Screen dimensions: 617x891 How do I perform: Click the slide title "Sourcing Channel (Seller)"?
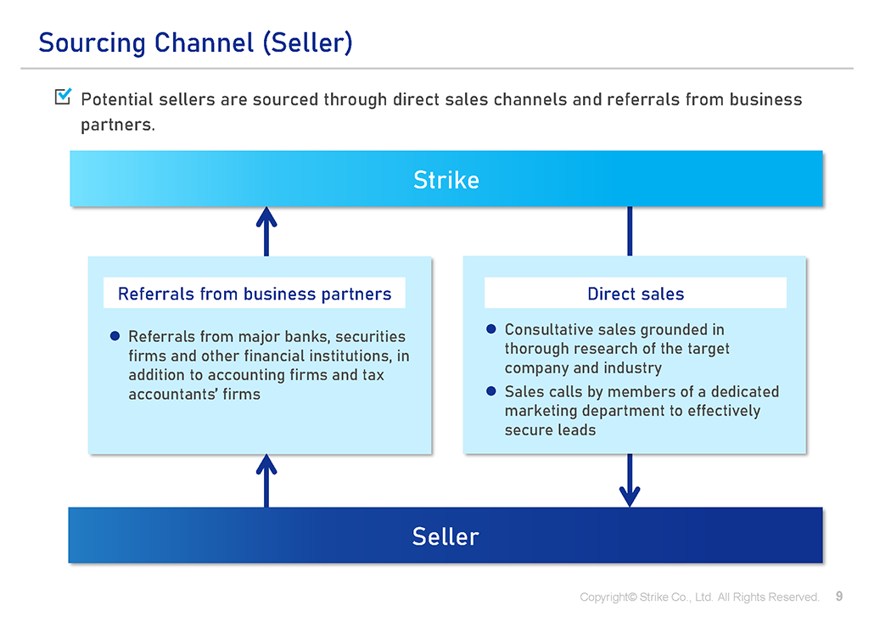click(x=195, y=42)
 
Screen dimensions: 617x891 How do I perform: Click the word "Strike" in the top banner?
click(x=445, y=180)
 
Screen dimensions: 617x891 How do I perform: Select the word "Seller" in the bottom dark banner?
click(x=445, y=536)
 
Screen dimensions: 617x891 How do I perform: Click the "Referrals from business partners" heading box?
click(x=255, y=294)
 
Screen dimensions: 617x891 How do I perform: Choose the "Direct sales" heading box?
click(x=635, y=294)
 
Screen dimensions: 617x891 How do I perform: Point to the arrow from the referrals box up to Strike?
click(x=266, y=231)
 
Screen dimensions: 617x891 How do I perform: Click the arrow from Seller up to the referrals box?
click(x=266, y=480)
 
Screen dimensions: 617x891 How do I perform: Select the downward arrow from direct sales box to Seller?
click(x=629, y=480)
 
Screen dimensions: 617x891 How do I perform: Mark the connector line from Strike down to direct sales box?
click(x=629, y=231)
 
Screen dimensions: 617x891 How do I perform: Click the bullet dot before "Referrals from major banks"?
click(x=115, y=336)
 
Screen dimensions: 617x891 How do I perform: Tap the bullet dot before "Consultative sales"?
click(x=491, y=329)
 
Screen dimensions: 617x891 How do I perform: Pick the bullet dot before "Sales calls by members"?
click(x=491, y=391)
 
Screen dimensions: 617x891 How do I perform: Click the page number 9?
click(x=839, y=597)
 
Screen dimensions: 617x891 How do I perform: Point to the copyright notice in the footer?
click(x=698, y=597)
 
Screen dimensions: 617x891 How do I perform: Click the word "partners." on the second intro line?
click(x=117, y=124)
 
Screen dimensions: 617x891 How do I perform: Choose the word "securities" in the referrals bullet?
click(x=367, y=336)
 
